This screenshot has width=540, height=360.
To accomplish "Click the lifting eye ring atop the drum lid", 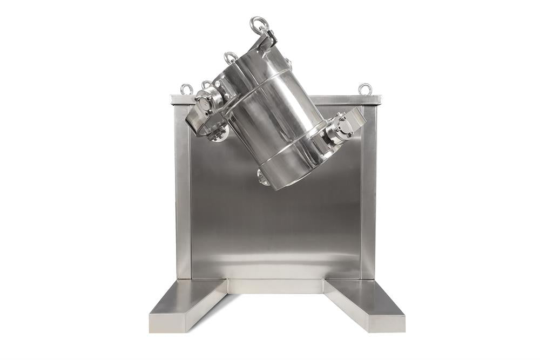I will coord(259,24).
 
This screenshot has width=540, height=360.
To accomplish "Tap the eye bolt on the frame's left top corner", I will coord(187,89).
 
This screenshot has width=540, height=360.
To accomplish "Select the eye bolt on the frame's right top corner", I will coord(365,89).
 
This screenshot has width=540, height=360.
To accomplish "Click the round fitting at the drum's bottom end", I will coord(262,176).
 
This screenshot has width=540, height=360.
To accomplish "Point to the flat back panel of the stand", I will coord(275,227).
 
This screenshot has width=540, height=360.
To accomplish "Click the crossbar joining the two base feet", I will coord(275,286).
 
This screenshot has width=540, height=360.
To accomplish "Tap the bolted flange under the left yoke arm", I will coord(218,133).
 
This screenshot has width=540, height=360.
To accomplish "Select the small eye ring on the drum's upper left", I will coord(231,57).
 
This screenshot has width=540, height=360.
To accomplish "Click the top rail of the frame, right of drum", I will coord(346,100).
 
